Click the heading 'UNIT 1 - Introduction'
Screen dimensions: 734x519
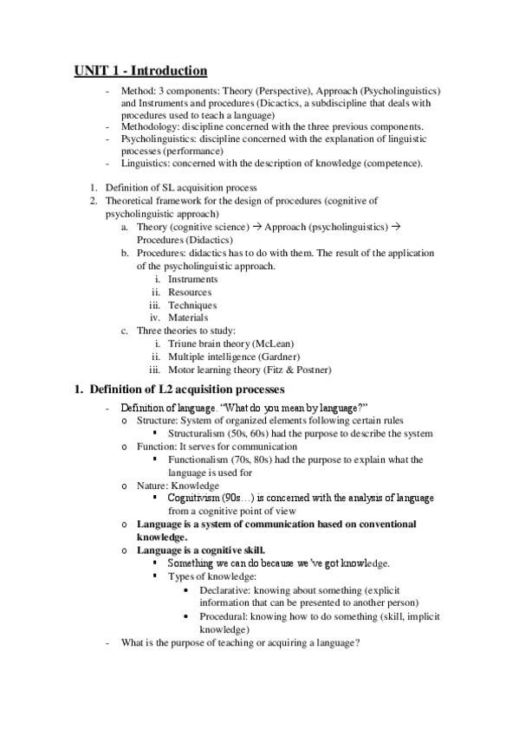pos(140,69)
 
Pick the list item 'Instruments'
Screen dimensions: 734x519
pos(193,280)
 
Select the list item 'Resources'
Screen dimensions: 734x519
pos(190,293)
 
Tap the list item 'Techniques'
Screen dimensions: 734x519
pos(192,306)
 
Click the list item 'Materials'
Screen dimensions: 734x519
pos(188,318)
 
